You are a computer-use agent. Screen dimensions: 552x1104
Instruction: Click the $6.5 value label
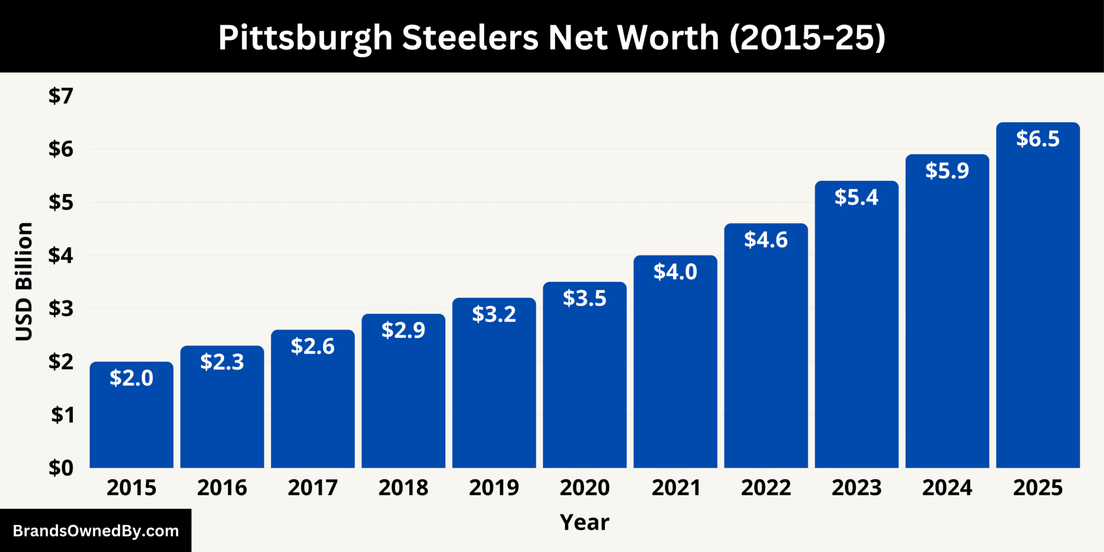click(1038, 139)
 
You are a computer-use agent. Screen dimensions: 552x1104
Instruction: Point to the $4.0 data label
click(675, 272)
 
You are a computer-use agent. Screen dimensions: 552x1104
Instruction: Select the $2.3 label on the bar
click(222, 362)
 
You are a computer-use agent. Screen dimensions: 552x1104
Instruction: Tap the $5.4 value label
click(856, 197)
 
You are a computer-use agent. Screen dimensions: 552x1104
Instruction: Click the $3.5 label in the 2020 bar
click(584, 298)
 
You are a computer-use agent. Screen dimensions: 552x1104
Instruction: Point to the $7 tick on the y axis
click(61, 96)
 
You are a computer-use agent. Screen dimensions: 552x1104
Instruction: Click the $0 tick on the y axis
click(61, 468)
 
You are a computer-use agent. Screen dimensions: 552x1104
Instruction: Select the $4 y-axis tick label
click(61, 255)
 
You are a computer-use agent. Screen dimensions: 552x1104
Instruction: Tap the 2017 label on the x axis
click(313, 488)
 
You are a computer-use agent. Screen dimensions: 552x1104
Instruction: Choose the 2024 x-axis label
click(947, 488)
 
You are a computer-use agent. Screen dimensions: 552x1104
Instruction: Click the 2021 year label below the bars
click(675, 488)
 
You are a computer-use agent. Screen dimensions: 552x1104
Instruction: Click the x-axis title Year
click(584, 522)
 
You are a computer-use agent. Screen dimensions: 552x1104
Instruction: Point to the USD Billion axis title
click(24, 281)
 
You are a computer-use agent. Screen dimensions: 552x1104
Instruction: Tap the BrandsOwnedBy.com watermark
click(95, 531)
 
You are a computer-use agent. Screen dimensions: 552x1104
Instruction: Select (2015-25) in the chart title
click(807, 38)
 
